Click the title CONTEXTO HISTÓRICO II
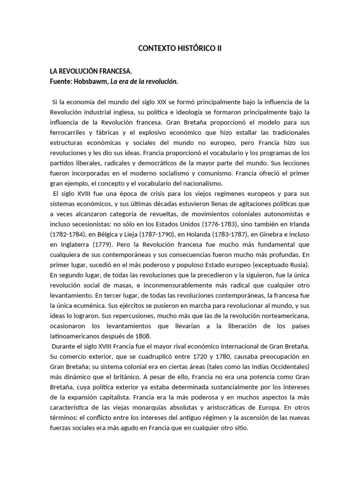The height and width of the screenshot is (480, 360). click(180, 48)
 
